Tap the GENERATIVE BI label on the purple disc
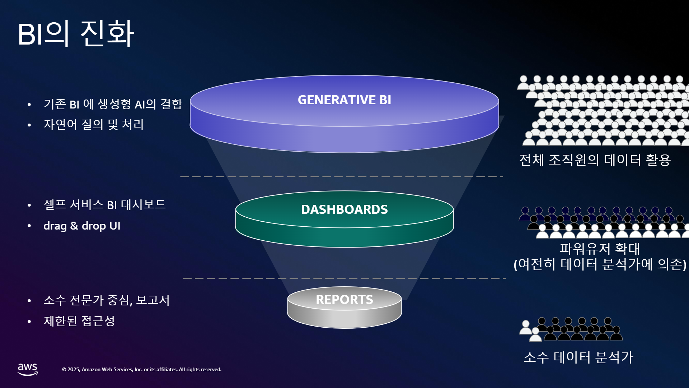[x=344, y=100]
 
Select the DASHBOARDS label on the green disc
[x=344, y=209]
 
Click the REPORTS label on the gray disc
[x=344, y=300]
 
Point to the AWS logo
[x=28, y=369]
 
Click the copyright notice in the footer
[x=142, y=369]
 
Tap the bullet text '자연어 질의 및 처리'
[x=94, y=125]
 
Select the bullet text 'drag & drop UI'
[x=82, y=226]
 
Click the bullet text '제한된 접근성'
[x=79, y=321]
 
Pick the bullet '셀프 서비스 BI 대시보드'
[x=104, y=205]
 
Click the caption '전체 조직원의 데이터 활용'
[x=595, y=160]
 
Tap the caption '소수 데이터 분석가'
[x=578, y=357]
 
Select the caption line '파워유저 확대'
[x=600, y=249]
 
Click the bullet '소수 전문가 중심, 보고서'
[x=107, y=300]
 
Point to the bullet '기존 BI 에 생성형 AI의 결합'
[x=113, y=104]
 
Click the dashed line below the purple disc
[x=342, y=177]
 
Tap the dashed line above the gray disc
[x=344, y=278]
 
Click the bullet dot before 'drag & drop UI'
[x=29, y=226]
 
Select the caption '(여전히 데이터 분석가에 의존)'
[x=600, y=264]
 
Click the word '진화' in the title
[x=107, y=33]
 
